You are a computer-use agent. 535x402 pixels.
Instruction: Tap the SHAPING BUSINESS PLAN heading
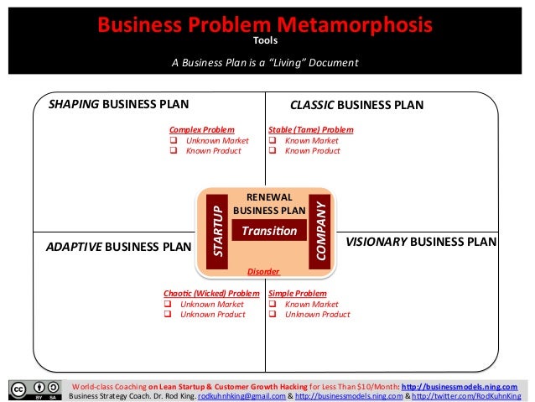(x=118, y=105)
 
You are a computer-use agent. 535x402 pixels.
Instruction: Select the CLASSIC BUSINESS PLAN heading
(x=356, y=105)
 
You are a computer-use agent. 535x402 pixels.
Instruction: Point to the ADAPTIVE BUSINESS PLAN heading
(x=118, y=247)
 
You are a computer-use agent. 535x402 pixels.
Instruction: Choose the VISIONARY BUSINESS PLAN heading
(x=421, y=242)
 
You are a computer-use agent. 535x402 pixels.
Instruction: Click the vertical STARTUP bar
(x=218, y=230)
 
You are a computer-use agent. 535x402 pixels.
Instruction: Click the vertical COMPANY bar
(x=319, y=230)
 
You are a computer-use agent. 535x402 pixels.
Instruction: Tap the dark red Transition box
(x=264, y=230)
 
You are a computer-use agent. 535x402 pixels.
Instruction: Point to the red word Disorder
(x=263, y=272)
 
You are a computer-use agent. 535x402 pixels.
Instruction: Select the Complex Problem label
(x=201, y=130)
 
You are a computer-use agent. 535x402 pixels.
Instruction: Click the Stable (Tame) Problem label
(x=310, y=130)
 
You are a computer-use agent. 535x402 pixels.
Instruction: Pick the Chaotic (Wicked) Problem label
(x=213, y=294)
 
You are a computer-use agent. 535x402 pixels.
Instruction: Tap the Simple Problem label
(x=298, y=294)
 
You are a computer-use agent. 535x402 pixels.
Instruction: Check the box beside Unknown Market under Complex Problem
(x=174, y=141)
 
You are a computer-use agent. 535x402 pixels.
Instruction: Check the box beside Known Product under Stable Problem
(x=273, y=151)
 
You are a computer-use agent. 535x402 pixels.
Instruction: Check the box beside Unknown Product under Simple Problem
(x=273, y=315)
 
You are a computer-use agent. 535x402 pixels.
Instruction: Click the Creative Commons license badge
(x=34, y=390)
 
